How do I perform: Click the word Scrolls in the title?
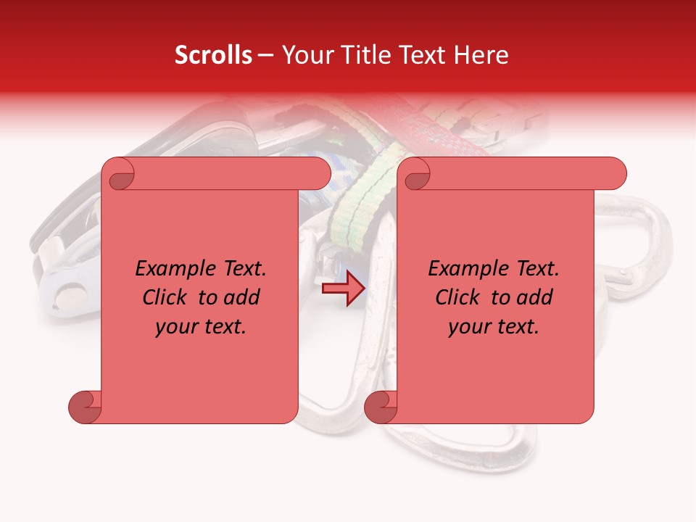(x=214, y=55)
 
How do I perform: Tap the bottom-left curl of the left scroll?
(x=85, y=407)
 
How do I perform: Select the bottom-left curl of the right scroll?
(x=381, y=407)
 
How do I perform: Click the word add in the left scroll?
(x=243, y=297)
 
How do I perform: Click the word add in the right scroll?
(x=536, y=297)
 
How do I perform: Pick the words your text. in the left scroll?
(x=201, y=326)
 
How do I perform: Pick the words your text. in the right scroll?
(x=494, y=326)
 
